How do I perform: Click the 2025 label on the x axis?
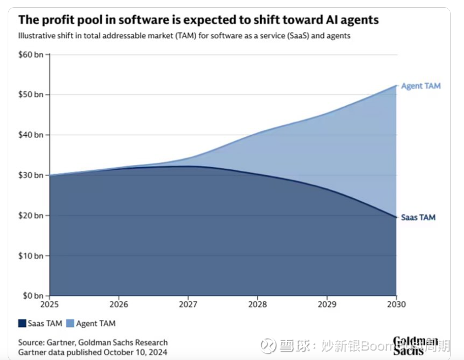click(x=49, y=304)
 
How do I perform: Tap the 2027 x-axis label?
click(x=188, y=304)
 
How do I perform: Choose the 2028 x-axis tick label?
click(x=257, y=304)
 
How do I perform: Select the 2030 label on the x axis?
click(x=396, y=304)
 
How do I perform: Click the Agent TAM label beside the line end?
click(x=421, y=86)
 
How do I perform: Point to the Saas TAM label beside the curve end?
click(x=418, y=217)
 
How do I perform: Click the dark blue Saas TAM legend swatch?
click(x=23, y=324)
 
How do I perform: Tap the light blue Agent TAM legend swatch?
click(x=70, y=324)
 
